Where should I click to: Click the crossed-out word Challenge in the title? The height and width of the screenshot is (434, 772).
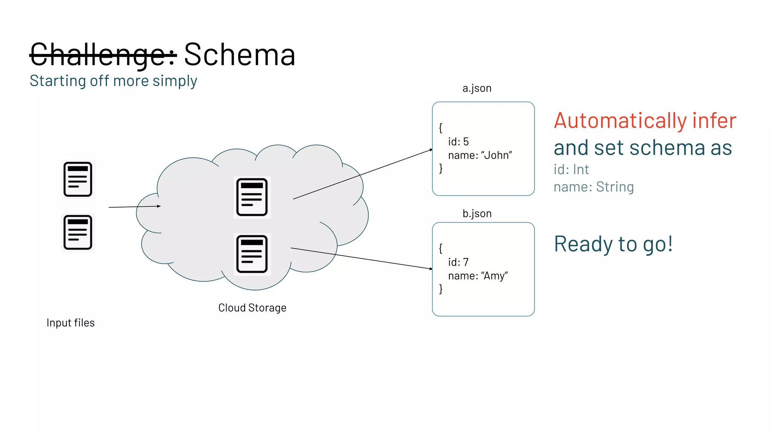pos(103,55)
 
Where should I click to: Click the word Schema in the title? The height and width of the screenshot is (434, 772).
pos(239,55)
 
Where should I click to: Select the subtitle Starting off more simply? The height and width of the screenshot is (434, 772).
pos(113,81)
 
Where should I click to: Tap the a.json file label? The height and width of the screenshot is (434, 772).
pos(477,88)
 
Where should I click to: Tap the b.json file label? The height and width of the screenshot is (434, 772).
pos(477,214)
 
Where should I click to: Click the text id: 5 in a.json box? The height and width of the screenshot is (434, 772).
pos(458,142)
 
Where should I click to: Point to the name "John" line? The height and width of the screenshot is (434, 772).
pos(479,155)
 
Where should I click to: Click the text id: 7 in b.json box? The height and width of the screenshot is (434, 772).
pos(458,262)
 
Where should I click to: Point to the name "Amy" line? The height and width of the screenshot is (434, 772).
pos(478,276)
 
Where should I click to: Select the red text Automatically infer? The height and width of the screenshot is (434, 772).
pos(645,121)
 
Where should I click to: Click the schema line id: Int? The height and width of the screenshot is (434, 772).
pos(571,170)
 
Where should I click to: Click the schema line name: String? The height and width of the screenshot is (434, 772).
pos(593,187)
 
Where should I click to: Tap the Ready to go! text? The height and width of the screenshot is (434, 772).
pos(613,244)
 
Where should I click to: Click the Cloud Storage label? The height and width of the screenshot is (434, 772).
pos(252,308)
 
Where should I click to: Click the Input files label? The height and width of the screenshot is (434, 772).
pos(70,323)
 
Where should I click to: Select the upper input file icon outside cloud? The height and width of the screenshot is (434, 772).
pos(78,179)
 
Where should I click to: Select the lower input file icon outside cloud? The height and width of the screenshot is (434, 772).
pos(78,232)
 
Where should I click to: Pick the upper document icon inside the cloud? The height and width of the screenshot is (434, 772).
pos(252,197)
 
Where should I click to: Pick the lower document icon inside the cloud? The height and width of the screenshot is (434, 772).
pos(252,254)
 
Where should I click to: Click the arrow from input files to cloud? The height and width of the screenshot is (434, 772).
pos(134,207)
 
